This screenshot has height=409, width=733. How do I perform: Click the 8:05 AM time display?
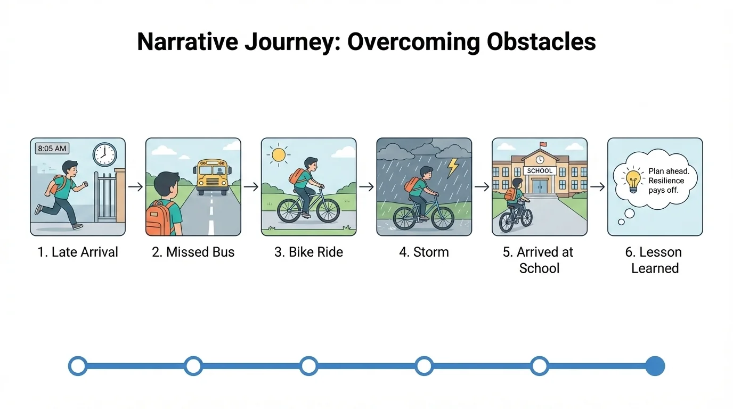tap(52, 149)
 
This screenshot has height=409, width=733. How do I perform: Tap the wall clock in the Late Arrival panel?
tap(104, 154)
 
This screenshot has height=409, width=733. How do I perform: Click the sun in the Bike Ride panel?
tap(279, 155)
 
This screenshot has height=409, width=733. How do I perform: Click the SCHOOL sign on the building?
tap(539, 171)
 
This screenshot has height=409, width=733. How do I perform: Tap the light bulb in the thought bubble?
tap(632, 181)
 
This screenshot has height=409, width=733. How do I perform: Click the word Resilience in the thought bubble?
tap(666, 181)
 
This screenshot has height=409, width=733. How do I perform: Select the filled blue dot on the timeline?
tap(655, 366)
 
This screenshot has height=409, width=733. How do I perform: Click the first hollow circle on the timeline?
tap(78, 366)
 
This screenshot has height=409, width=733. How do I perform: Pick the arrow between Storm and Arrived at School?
tap(482, 187)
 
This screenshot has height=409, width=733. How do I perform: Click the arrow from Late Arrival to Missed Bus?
tap(135, 187)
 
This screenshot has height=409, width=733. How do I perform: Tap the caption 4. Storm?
tap(424, 252)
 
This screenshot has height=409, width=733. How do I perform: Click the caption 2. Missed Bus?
tap(193, 252)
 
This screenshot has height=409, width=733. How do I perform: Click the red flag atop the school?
tap(542, 144)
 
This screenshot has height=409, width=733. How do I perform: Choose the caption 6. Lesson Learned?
tap(655, 260)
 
